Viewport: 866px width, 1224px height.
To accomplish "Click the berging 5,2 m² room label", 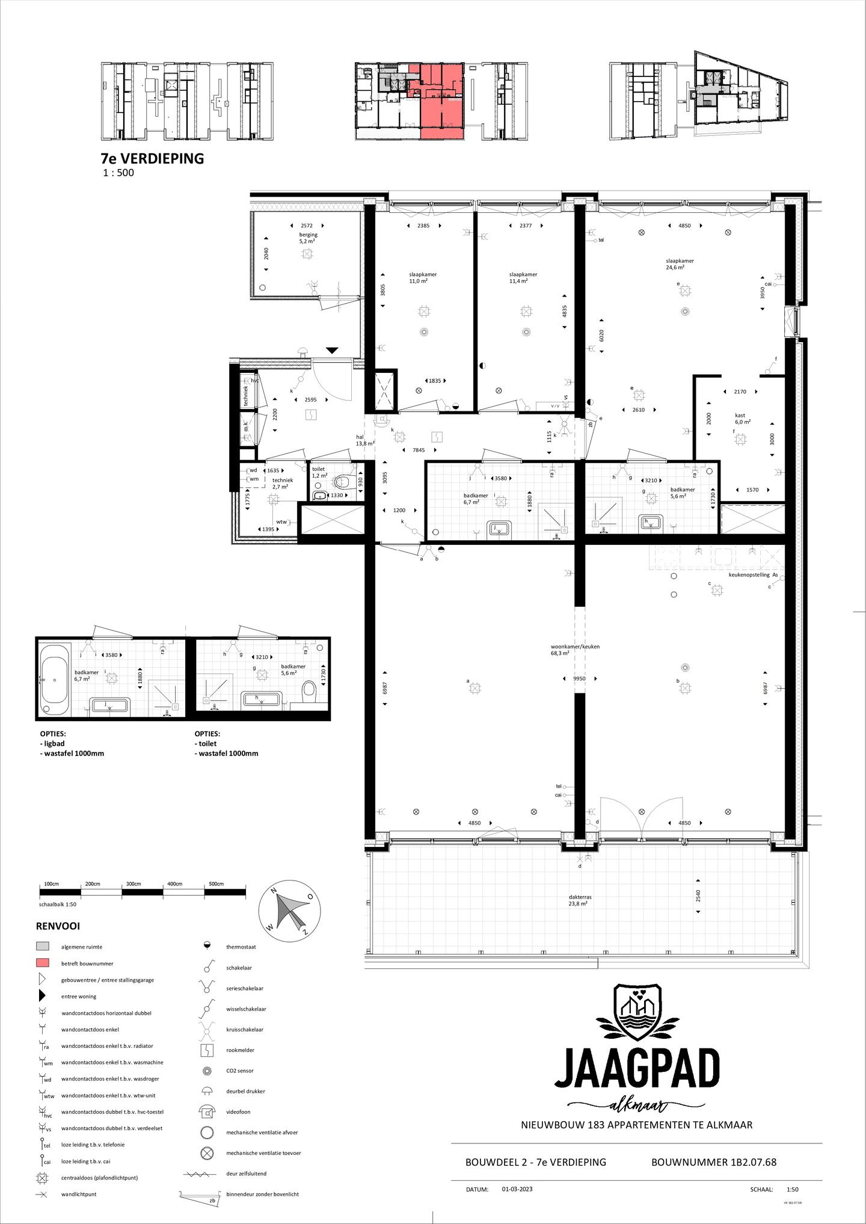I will click(x=308, y=238).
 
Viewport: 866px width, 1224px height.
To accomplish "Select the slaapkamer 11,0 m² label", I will click(x=422, y=277).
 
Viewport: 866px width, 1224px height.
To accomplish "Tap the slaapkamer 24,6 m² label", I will click(x=680, y=264).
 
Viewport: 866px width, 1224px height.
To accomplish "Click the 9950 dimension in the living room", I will click(x=579, y=678).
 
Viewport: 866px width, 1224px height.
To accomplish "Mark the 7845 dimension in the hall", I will click(x=418, y=450).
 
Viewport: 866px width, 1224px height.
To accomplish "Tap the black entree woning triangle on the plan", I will click(x=332, y=350).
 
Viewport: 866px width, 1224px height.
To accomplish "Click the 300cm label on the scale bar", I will click(x=134, y=884).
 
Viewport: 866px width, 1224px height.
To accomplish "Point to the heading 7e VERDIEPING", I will click(x=152, y=158).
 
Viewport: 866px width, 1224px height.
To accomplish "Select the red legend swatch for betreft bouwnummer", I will click(x=43, y=964).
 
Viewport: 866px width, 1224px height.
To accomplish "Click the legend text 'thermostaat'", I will click(x=241, y=947).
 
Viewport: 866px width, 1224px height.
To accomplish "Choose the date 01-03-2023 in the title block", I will click(x=517, y=1189).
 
